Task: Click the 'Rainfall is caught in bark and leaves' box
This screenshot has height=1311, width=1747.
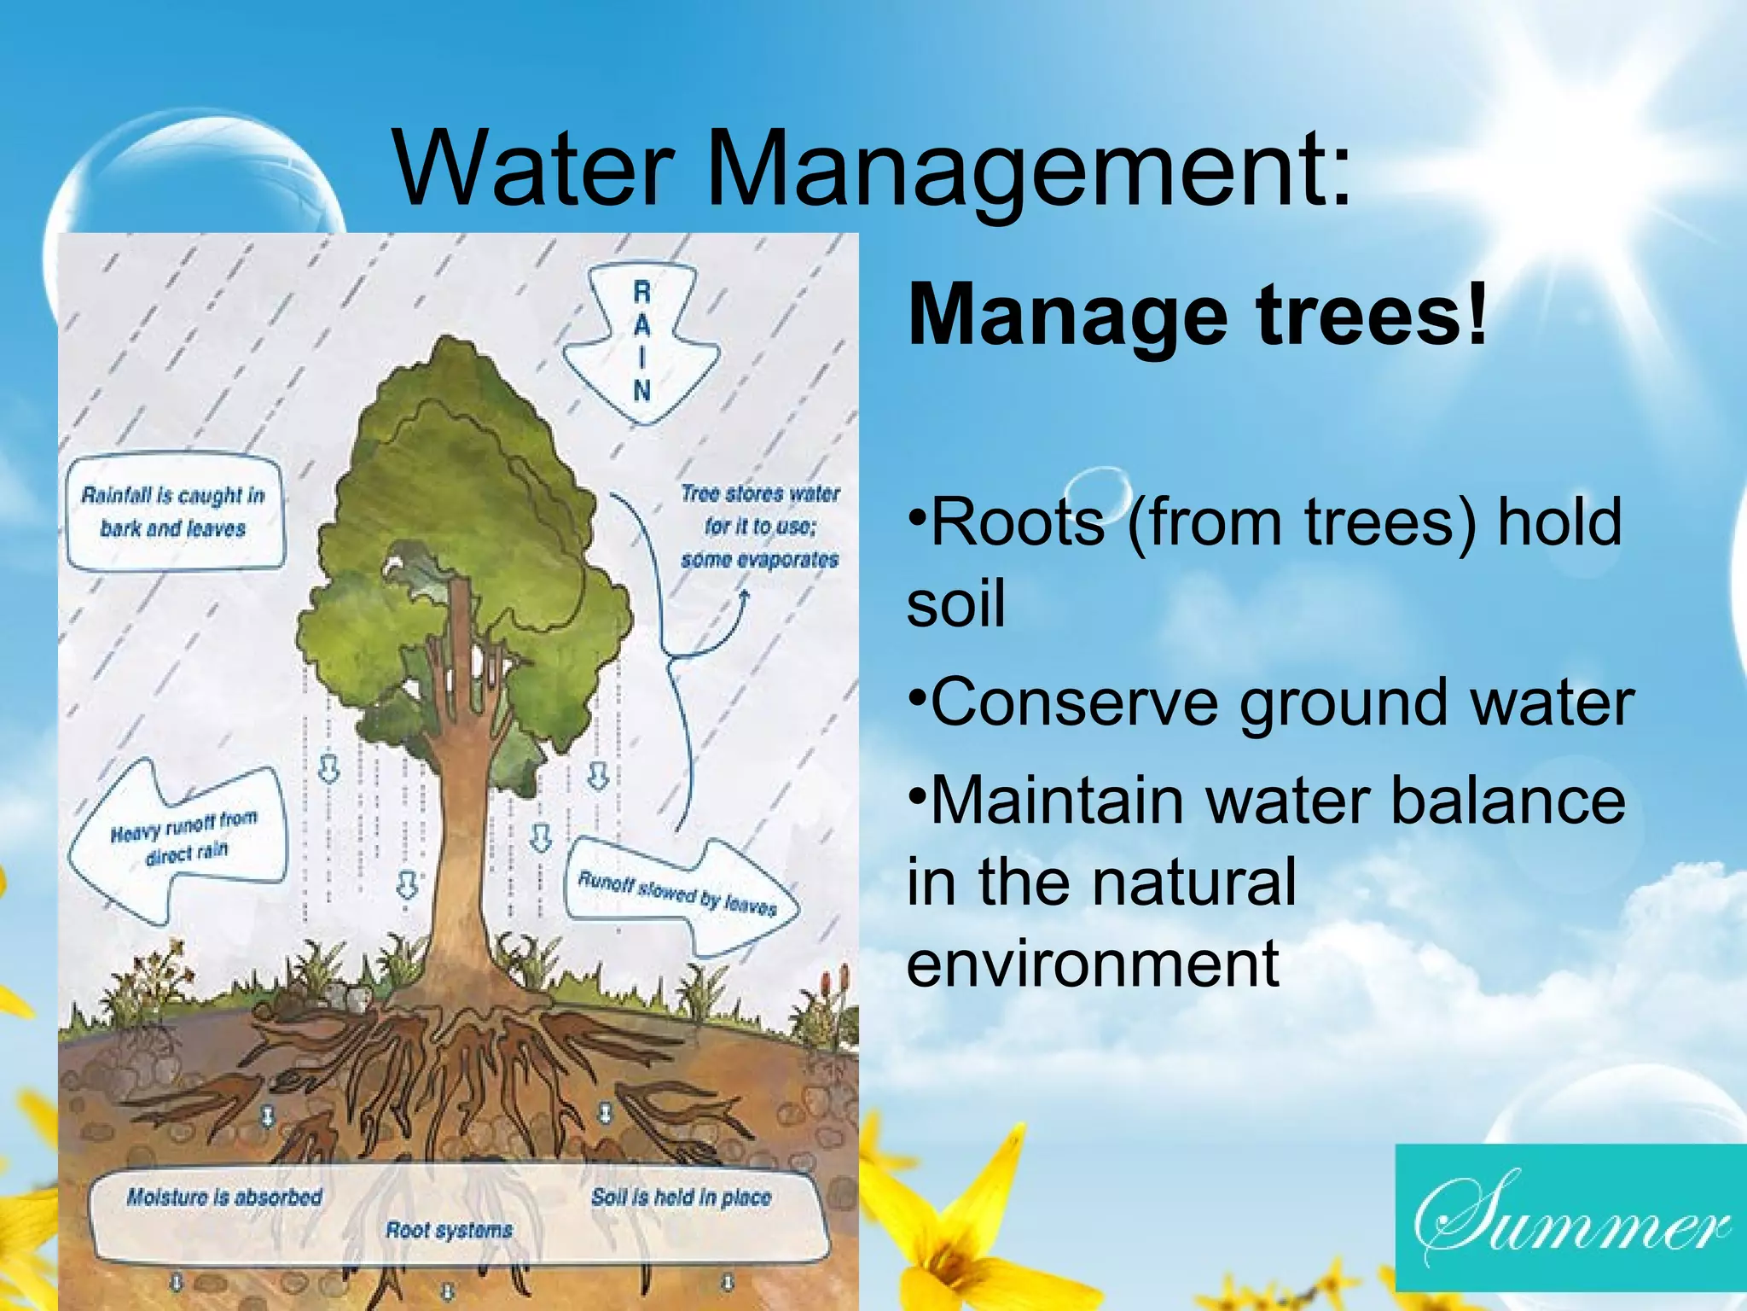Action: pyautogui.click(x=174, y=512)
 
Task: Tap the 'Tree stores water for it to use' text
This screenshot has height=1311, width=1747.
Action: pyautogui.click(x=759, y=526)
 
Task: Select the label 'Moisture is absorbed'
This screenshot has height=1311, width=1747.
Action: pyautogui.click(x=224, y=1197)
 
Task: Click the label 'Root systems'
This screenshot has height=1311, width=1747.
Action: pyautogui.click(x=450, y=1230)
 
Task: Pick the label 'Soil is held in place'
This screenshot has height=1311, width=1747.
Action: pyautogui.click(x=681, y=1197)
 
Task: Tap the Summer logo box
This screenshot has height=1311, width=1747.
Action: pyautogui.click(x=1570, y=1217)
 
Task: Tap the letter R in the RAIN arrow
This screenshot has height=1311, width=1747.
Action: pyautogui.click(x=641, y=292)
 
